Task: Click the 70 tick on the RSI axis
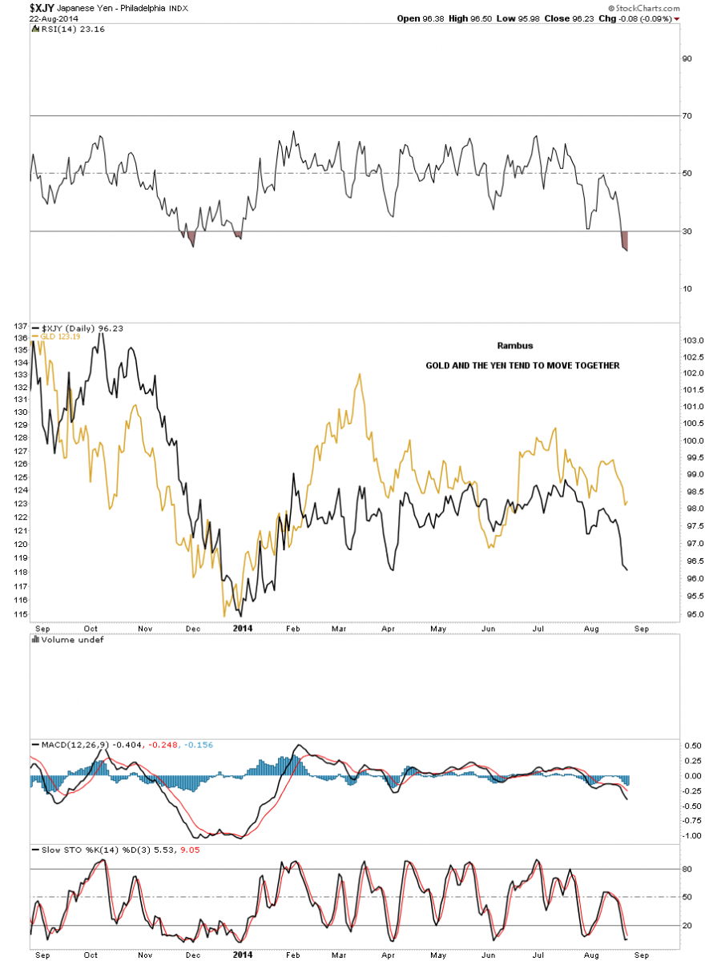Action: click(x=687, y=116)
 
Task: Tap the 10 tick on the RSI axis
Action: click(x=687, y=289)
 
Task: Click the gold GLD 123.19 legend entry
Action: click(x=56, y=336)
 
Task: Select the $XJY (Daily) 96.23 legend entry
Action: click(x=74, y=328)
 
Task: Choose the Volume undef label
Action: click(x=61, y=639)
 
